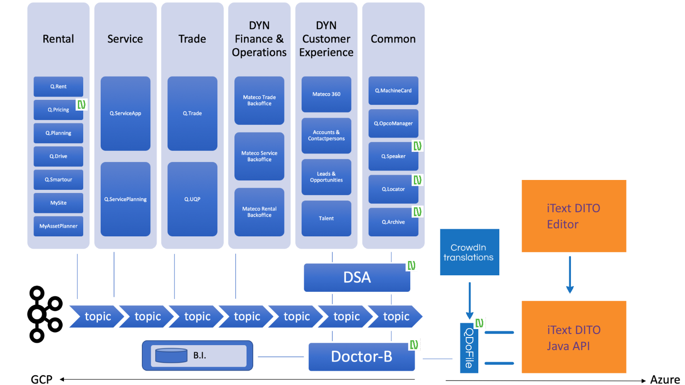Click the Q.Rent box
click(x=58, y=86)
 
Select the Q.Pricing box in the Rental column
click(x=58, y=110)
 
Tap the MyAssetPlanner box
click(x=58, y=226)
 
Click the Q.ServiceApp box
click(x=125, y=113)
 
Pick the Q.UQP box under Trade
click(x=192, y=199)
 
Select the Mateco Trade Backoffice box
click(x=259, y=100)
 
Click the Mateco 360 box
click(x=326, y=94)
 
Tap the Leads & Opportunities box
click(x=326, y=177)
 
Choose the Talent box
click(x=326, y=218)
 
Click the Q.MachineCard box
click(x=393, y=90)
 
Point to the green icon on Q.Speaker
click(x=417, y=146)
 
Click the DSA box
click(x=357, y=278)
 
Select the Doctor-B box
click(x=362, y=357)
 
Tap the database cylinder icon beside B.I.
click(x=171, y=355)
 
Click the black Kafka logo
click(x=44, y=314)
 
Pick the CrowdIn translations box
click(x=469, y=252)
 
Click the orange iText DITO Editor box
click(x=574, y=216)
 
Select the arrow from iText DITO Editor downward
click(x=570, y=274)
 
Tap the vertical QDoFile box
click(x=469, y=348)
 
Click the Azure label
click(x=664, y=380)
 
